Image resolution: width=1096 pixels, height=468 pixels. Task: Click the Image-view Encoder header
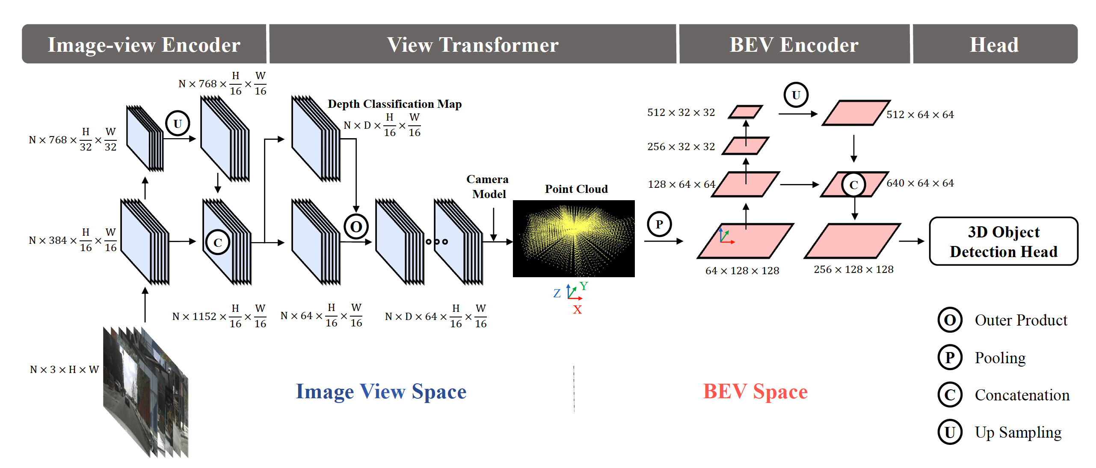(x=144, y=44)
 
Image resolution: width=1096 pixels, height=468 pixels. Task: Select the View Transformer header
(x=472, y=44)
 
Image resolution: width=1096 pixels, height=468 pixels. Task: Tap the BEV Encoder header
(x=794, y=44)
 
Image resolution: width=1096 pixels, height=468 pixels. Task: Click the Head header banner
(x=994, y=44)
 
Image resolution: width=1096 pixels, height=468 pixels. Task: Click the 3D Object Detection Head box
(x=1003, y=241)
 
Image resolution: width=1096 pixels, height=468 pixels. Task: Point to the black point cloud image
(x=573, y=238)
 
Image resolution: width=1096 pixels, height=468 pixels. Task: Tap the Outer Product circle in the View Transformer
(x=356, y=226)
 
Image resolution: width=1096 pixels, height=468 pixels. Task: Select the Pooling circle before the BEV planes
(x=659, y=224)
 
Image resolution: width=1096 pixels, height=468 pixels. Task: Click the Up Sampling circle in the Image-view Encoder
(x=178, y=124)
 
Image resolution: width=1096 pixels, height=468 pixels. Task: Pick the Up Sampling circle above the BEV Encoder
(x=796, y=95)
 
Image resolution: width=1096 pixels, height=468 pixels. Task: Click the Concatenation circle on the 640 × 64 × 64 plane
(x=853, y=185)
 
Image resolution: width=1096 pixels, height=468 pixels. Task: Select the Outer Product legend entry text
(x=1021, y=320)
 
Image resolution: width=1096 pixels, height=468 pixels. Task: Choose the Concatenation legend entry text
(x=1022, y=395)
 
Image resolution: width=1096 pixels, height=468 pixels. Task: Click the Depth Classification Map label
(x=394, y=104)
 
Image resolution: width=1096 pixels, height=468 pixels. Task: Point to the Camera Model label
(x=488, y=187)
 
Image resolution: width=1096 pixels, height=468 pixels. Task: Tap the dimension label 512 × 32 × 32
(x=681, y=113)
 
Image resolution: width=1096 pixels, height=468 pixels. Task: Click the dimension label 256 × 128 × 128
(x=853, y=270)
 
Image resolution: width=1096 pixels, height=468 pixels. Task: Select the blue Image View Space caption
(x=381, y=391)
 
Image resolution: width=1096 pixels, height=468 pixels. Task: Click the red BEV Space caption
(x=755, y=391)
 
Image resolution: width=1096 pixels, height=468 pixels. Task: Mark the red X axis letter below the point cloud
(x=577, y=309)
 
